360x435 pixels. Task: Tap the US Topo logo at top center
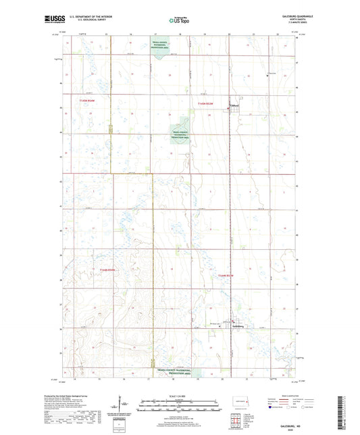click(179, 21)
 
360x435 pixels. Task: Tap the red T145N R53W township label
click(205, 103)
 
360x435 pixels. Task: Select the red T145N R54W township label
click(88, 101)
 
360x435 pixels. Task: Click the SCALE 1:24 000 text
click(179, 396)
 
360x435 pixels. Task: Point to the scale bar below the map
click(179, 407)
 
